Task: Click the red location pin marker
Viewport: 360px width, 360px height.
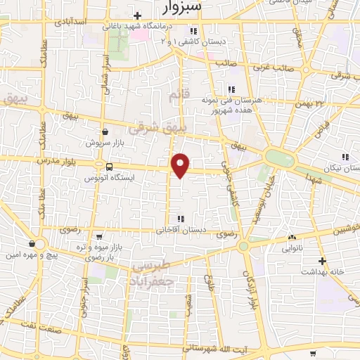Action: click(x=181, y=165)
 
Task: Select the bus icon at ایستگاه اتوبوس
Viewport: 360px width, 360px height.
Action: click(x=109, y=167)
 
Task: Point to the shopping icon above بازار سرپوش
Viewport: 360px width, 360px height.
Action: click(x=105, y=131)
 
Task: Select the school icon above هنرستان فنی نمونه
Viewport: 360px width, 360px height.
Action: click(x=230, y=89)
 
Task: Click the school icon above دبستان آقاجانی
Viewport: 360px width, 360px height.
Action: click(x=181, y=218)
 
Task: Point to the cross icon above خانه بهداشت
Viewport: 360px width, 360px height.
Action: click(x=321, y=261)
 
